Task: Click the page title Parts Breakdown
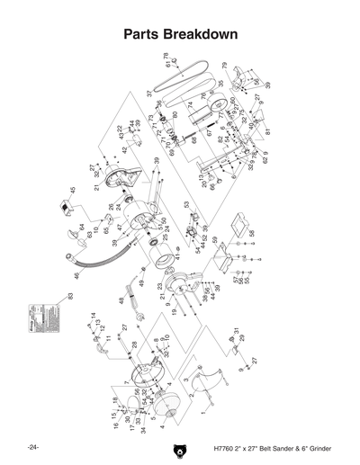click(x=180, y=35)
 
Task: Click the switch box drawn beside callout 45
click(x=66, y=212)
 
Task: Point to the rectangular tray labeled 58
click(x=239, y=222)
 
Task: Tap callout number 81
click(x=268, y=132)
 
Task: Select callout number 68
click(x=193, y=140)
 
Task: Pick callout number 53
click(x=187, y=204)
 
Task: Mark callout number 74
click(x=190, y=104)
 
